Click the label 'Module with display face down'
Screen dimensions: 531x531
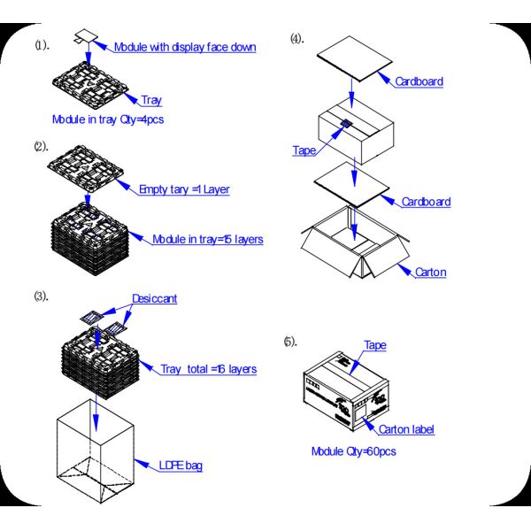(x=184, y=47)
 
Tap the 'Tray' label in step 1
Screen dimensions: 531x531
(x=151, y=101)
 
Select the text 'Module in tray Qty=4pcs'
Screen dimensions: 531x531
(x=108, y=119)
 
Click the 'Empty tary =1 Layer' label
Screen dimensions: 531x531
(x=184, y=189)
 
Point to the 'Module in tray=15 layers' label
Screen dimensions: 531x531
(x=207, y=239)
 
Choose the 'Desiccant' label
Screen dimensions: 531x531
(x=154, y=299)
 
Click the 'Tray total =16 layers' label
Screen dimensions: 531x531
(x=208, y=368)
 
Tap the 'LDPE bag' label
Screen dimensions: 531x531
(x=180, y=465)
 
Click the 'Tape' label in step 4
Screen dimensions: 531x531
(x=304, y=150)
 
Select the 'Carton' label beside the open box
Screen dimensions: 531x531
(x=430, y=272)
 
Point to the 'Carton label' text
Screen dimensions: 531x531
(x=406, y=430)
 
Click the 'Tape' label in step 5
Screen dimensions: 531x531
(x=374, y=345)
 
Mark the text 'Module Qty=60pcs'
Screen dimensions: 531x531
(x=353, y=451)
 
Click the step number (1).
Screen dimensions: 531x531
(x=42, y=44)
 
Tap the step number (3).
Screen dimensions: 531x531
(x=42, y=296)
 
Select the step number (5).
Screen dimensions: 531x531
(x=290, y=342)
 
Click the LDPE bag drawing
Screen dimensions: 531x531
(x=95, y=451)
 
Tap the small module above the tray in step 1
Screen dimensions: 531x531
(x=87, y=37)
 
